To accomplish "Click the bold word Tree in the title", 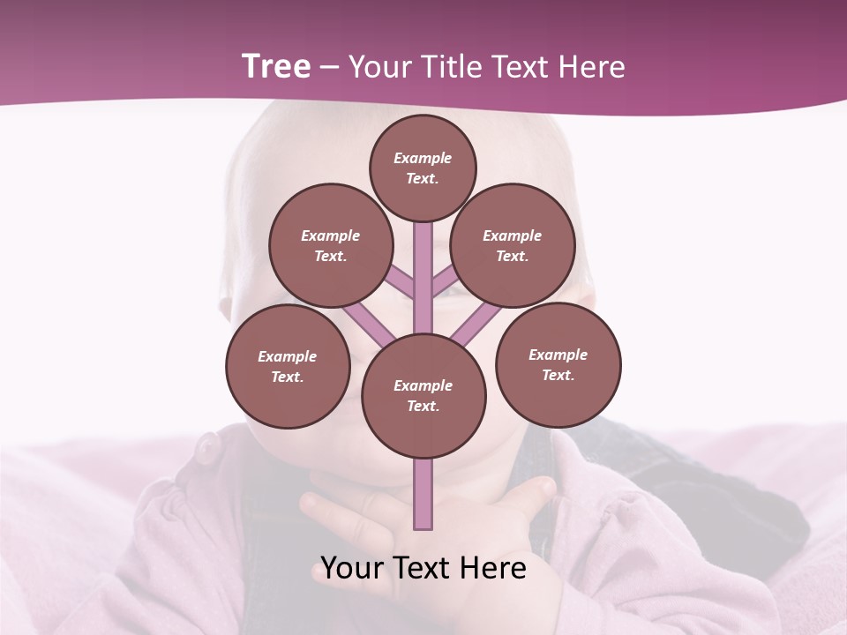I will (276, 67).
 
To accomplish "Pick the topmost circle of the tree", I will (423, 168).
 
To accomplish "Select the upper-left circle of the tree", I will (330, 245).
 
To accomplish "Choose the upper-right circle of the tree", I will (512, 245).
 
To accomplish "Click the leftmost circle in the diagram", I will (288, 366).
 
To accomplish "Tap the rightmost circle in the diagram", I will (558, 364).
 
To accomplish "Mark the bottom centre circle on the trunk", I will (423, 395).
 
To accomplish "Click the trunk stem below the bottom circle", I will (423, 494).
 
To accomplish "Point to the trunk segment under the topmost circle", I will (423, 265).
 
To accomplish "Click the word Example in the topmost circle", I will (423, 159).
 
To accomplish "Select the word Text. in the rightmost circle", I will (558, 375).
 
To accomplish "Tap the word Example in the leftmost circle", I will (287, 356).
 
